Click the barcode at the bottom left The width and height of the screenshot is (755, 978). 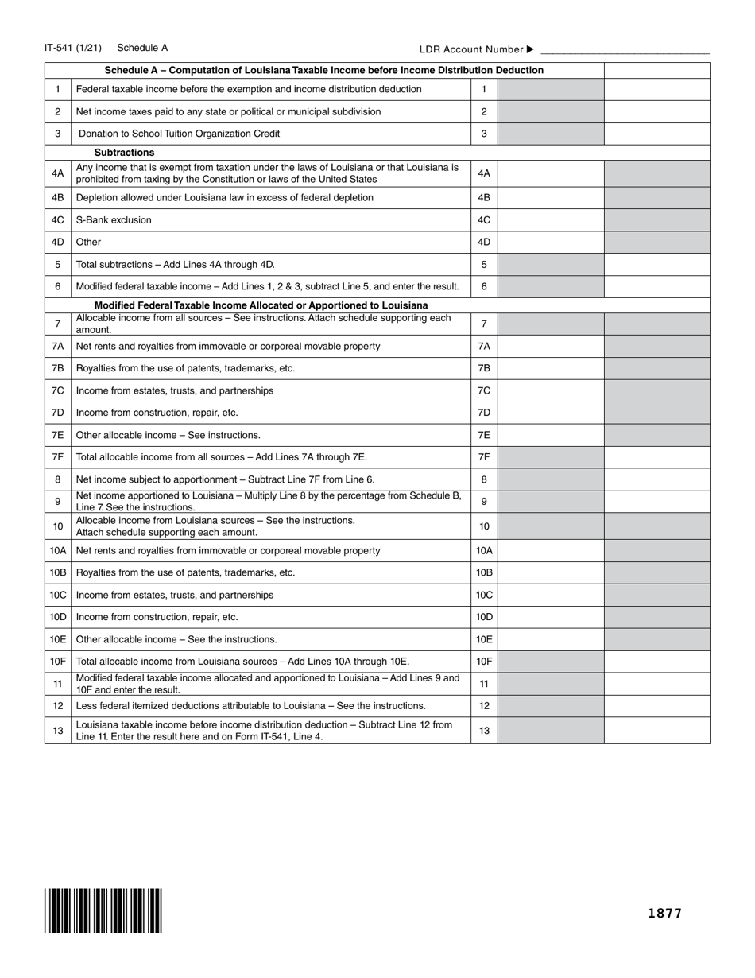click(103, 910)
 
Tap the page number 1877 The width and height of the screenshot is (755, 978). click(664, 913)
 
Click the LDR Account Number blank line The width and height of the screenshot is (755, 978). click(625, 49)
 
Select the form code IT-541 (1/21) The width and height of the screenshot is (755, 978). click(73, 48)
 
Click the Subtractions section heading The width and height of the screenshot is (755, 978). click(124, 153)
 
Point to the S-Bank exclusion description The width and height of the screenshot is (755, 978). click(114, 220)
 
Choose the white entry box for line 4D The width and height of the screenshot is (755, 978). click(551, 243)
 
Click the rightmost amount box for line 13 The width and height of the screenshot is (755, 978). click(657, 731)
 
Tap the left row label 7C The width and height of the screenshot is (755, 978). click(57, 391)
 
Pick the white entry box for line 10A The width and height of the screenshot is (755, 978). click(551, 551)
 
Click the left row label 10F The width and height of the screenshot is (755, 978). click(57, 662)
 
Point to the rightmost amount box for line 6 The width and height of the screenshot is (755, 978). click(657, 287)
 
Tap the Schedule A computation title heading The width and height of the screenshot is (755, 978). click(324, 70)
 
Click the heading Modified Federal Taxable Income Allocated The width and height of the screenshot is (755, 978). click(261, 305)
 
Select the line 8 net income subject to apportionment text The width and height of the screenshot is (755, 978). click(225, 480)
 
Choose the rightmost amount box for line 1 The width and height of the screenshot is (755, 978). click(657, 89)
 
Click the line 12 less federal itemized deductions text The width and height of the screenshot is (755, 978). click(250, 706)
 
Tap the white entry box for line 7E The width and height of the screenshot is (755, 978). click(551, 436)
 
